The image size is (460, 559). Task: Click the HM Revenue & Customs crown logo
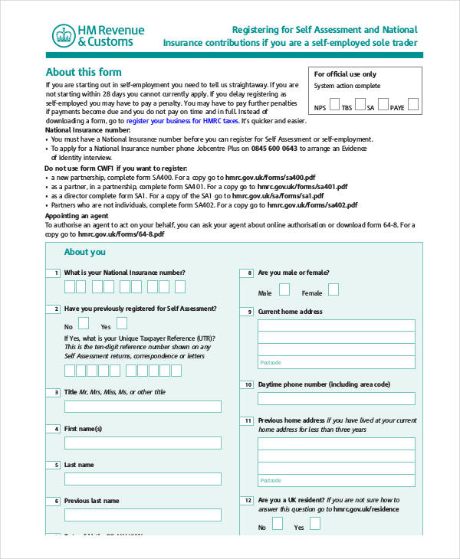click(x=63, y=35)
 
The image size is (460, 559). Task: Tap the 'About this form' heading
click(x=84, y=72)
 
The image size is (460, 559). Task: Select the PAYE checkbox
click(x=414, y=105)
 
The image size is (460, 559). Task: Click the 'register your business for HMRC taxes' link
click(x=182, y=121)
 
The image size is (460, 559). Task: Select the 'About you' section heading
click(x=84, y=252)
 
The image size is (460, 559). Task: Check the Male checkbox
click(x=284, y=289)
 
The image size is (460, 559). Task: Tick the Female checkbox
click(x=333, y=289)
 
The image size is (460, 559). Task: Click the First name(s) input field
click(x=143, y=443)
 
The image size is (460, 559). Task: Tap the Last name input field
click(x=143, y=479)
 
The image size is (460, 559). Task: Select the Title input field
click(x=143, y=407)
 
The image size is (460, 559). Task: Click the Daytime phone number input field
click(x=336, y=399)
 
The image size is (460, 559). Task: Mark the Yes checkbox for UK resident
click(x=320, y=525)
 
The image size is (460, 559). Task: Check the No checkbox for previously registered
click(x=84, y=323)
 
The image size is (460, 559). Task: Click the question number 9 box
click(x=247, y=312)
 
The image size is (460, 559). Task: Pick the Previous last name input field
click(x=143, y=515)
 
